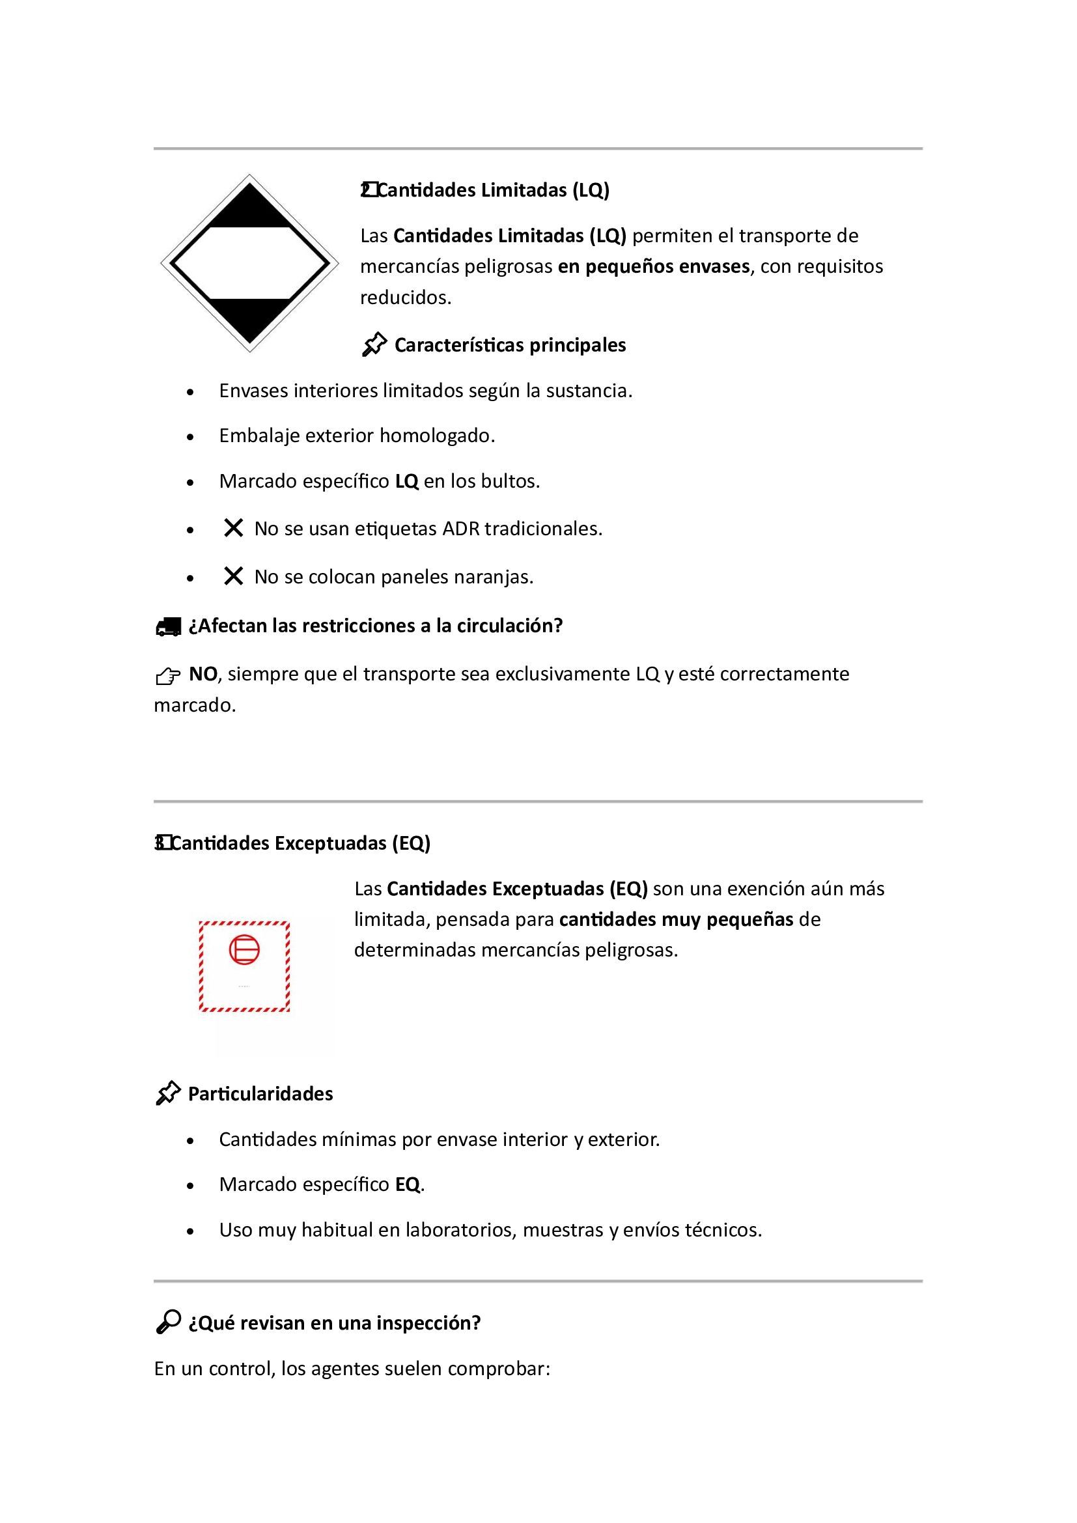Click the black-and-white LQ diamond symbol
click(249, 263)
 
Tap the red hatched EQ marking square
click(244, 967)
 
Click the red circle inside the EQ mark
click(244, 949)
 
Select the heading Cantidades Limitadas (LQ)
click(493, 190)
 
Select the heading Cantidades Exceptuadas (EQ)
click(300, 843)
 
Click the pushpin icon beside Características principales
click(374, 345)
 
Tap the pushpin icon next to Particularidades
click(168, 1094)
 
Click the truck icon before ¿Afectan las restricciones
click(168, 627)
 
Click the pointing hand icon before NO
click(168, 676)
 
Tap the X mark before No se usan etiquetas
click(232, 529)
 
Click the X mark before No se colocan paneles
click(232, 576)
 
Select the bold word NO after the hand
click(203, 674)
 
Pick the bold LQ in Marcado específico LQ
click(406, 482)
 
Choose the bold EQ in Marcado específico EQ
click(408, 1184)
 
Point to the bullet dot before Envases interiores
click(191, 392)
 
